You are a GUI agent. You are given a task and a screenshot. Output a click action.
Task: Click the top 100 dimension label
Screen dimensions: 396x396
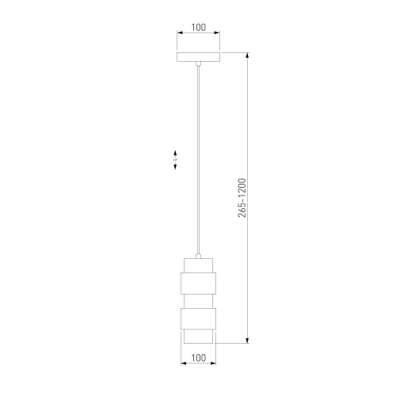click(198, 27)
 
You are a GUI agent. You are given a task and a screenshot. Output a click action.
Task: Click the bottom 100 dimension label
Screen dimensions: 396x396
click(198, 358)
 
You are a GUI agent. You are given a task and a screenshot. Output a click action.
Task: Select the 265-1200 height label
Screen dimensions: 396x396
click(242, 198)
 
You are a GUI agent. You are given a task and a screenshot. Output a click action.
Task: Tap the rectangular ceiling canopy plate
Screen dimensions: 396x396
click(198, 57)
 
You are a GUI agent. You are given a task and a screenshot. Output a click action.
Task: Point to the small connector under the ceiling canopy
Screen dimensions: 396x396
click(198, 63)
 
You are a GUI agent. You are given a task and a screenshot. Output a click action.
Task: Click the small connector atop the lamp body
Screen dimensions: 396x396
click(198, 256)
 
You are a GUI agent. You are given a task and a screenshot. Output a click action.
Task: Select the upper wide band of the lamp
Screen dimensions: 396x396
click(198, 284)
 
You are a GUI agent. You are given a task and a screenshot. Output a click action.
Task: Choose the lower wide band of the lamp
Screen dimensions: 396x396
click(198, 318)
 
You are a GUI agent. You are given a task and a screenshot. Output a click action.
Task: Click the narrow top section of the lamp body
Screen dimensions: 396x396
click(198, 265)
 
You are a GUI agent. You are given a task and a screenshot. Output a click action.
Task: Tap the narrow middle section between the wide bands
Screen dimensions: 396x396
click(198, 301)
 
